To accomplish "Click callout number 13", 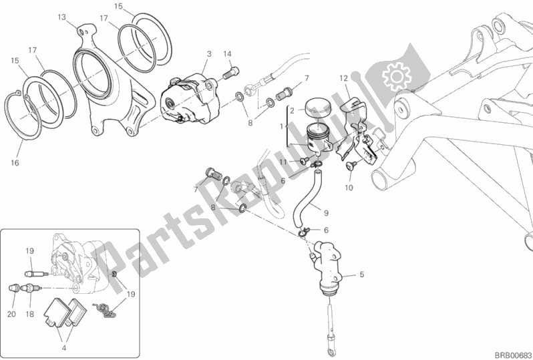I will pos(61,17).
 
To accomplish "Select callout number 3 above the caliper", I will pos(209,53).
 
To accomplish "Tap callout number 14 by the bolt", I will pos(227,53).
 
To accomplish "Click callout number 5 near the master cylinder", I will pos(362,274).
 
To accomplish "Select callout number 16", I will pos(15,162).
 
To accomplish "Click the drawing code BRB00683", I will pos(508,353).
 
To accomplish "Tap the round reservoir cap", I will pos(317,107).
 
